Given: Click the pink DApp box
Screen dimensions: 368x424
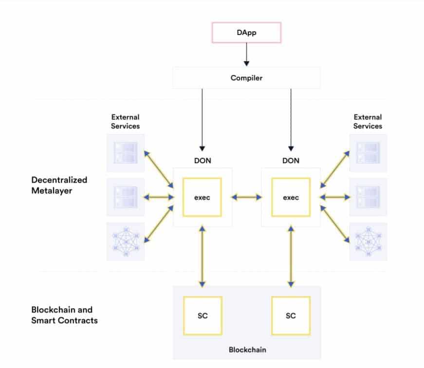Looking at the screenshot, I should (246, 33).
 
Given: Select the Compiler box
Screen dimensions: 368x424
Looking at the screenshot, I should (246, 78).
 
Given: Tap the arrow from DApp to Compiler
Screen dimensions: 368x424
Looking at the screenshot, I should (246, 54).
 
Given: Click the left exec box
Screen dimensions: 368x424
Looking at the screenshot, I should (202, 197).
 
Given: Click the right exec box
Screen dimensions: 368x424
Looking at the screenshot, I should (291, 197).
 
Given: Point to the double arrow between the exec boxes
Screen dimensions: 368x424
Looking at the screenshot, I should (246, 197).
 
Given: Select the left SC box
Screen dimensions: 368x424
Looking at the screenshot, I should (203, 315).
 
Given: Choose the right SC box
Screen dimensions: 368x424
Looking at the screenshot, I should (291, 315).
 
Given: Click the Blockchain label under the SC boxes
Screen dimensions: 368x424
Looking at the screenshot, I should (247, 350).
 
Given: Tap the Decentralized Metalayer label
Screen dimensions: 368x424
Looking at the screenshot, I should (59, 185).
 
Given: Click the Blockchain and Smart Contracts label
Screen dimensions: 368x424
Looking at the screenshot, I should (64, 315).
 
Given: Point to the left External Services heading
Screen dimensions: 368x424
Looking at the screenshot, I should (125, 121).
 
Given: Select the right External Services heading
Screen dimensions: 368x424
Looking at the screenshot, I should (368, 121).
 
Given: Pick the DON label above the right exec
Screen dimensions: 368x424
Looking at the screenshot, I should (291, 160).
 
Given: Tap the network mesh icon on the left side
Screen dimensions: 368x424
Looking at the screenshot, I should (126, 241).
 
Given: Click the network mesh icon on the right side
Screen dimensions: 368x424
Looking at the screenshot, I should (368, 241).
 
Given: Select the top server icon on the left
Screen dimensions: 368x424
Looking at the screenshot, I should (126, 152).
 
